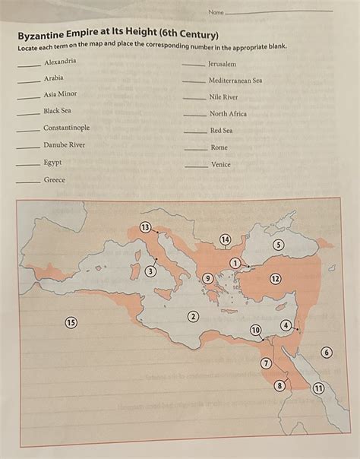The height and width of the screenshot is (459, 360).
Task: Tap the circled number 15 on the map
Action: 71,322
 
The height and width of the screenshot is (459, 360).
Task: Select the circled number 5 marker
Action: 151,271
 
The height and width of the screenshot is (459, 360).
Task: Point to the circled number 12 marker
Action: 275,279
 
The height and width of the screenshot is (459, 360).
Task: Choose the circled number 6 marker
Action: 327,353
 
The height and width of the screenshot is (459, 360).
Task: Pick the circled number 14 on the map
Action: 225,240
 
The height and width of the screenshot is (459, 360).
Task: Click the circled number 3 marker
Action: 151,271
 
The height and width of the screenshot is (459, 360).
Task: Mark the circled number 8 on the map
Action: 279,385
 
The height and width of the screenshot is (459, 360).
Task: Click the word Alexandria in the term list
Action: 60,61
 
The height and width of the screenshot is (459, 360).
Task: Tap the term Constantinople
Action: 66,128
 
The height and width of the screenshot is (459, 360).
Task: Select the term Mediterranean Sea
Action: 235,80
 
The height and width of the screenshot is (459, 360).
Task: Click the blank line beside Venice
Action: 196,166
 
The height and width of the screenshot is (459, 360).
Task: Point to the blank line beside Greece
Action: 30,182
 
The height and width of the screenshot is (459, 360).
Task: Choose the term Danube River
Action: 64,144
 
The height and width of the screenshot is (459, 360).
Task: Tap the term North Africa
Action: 228,114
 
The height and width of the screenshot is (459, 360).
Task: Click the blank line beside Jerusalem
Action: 193,65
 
